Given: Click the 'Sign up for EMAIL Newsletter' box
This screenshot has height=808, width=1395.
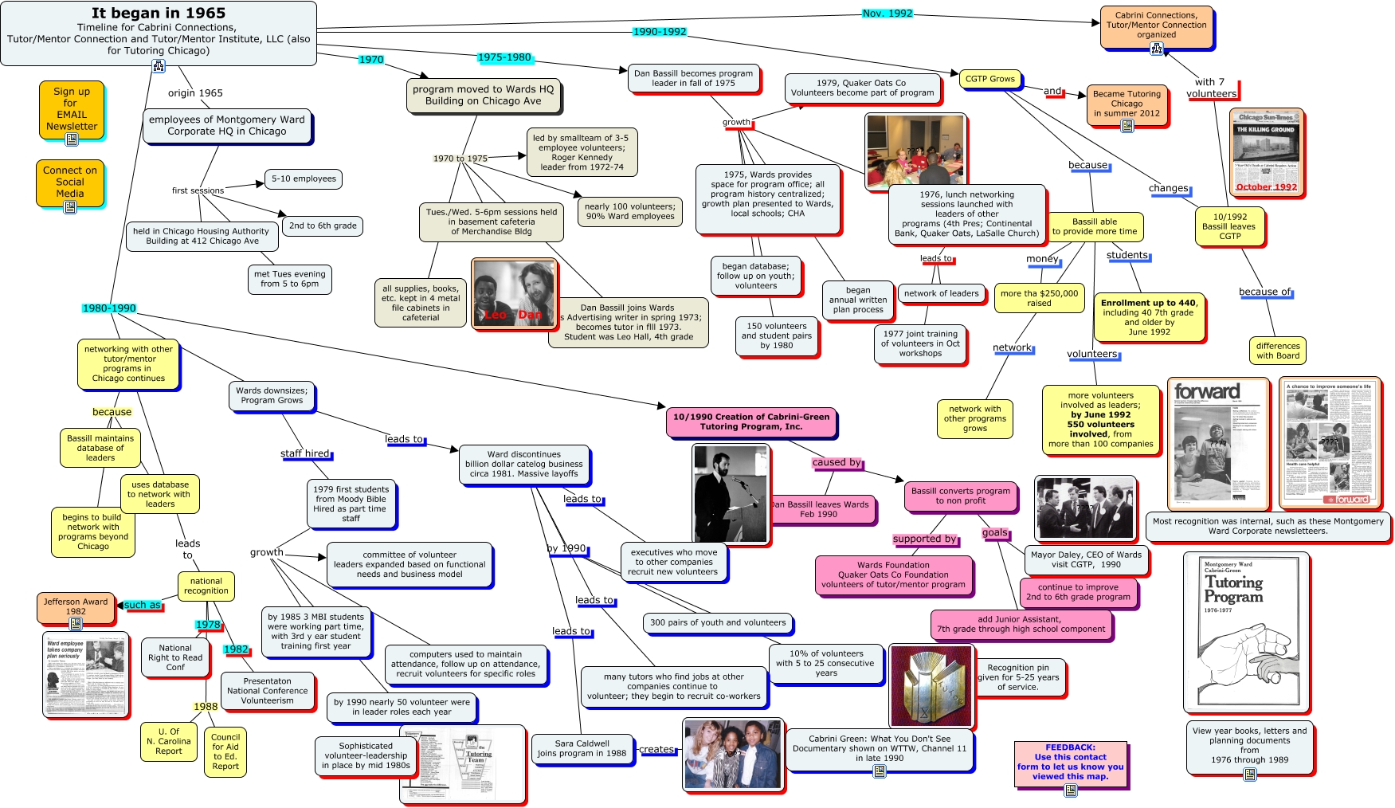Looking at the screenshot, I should click(72, 109).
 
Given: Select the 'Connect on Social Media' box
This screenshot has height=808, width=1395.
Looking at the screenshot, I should click(70, 182).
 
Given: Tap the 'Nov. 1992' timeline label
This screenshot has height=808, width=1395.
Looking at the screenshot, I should click(888, 14).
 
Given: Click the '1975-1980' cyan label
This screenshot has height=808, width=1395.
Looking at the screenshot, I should click(504, 57).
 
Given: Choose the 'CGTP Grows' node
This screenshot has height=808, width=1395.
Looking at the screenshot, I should click(989, 79).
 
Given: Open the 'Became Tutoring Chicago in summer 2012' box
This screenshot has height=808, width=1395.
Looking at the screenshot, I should click(1127, 104).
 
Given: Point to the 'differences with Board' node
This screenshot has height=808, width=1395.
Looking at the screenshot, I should click(1277, 351).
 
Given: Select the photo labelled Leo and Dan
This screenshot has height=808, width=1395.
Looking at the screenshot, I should click(513, 292).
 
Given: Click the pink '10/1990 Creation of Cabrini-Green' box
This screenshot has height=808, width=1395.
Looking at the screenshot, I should click(750, 422).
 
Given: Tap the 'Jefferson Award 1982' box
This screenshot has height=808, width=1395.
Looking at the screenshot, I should click(76, 607).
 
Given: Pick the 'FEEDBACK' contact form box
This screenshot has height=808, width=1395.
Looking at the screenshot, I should click(1070, 763).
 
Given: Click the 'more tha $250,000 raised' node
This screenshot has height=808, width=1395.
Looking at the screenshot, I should click(1039, 298).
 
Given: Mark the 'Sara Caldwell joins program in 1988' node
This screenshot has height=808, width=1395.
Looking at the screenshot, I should click(582, 748).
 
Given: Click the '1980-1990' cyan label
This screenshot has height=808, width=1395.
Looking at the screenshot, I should click(109, 308).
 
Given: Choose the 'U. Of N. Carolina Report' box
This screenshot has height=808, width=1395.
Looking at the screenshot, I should click(168, 741).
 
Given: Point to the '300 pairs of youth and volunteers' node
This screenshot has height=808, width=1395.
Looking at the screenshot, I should click(717, 623).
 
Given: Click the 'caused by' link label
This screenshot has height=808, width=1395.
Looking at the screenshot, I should click(837, 462).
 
